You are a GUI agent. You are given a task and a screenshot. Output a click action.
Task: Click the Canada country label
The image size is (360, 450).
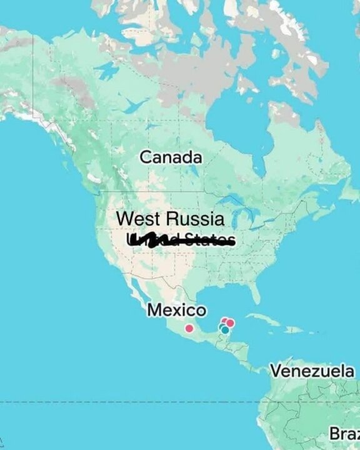[x=171, y=157]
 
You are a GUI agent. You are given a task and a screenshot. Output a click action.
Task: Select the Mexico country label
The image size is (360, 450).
[x=176, y=310]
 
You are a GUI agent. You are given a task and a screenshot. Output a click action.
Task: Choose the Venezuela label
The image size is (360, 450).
[x=312, y=371]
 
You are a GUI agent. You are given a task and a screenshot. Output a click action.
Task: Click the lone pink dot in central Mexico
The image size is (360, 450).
[x=189, y=328]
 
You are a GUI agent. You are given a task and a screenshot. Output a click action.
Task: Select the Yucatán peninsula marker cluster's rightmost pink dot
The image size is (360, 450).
[x=230, y=323]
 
